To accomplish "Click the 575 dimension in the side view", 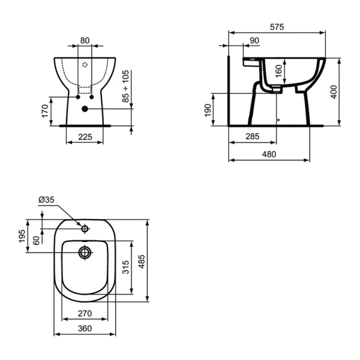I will point(277,27).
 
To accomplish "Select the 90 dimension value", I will point(253,40).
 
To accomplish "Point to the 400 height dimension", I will point(334,92).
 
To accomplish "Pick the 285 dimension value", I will point(253,137).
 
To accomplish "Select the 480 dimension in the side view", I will point(269,154).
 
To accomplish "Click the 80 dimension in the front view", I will point(85,40).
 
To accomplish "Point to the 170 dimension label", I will point(44,111).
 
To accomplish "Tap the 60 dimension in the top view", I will point(37,240).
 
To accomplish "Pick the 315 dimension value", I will point(125,267).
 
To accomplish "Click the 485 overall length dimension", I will point(142,260).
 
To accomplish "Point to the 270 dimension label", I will point(85,313).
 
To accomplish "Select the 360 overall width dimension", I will point(85,328).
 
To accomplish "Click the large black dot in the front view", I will point(85,109).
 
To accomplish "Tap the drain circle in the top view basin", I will point(85,253).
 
